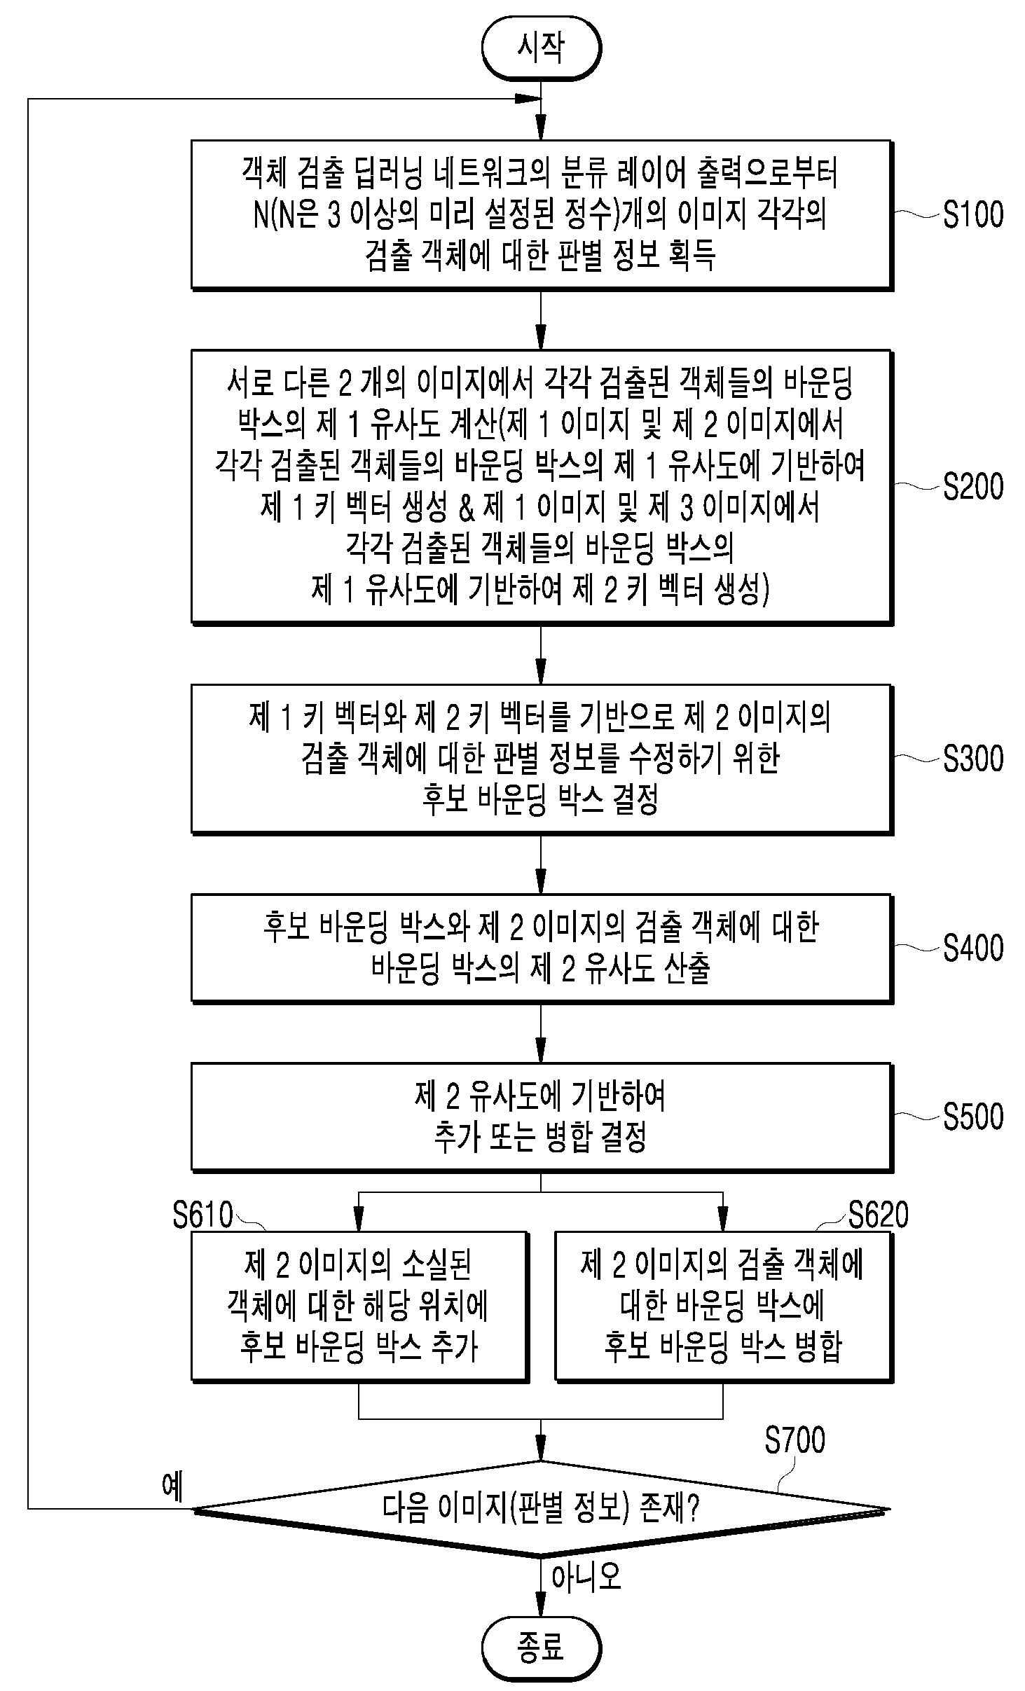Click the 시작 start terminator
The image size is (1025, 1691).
541,48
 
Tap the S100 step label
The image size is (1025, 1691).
973,215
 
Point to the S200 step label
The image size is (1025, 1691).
973,486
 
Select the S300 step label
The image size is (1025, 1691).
973,758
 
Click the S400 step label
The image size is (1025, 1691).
973,948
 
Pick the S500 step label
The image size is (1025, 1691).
973,1117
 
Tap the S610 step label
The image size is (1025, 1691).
203,1215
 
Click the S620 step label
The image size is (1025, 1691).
878,1215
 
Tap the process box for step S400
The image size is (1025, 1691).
542,948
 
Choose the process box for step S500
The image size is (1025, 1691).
542,1117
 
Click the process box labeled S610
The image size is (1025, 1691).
359,1306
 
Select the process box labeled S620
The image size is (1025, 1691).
724,1306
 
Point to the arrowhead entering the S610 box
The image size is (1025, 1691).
359,1221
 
